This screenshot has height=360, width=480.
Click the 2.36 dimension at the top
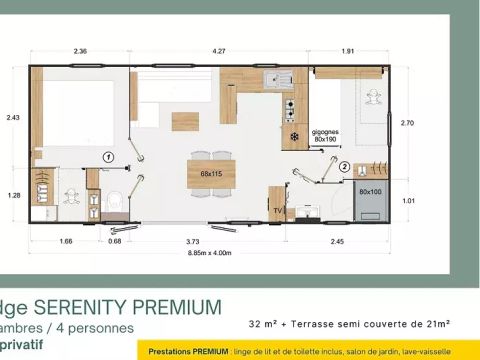[x=81, y=52]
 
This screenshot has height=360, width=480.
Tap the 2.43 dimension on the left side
[x=13, y=118]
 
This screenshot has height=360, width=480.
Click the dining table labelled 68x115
[x=211, y=174]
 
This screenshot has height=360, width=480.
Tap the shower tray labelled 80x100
[x=370, y=191]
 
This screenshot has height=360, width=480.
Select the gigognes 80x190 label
[x=326, y=135]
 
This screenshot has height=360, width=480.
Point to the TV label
[x=278, y=211]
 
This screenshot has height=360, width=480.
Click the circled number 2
[x=343, y=167]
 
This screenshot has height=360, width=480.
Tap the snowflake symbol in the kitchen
[x=294, y=135]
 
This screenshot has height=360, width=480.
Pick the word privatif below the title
[x=22, y=344]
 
